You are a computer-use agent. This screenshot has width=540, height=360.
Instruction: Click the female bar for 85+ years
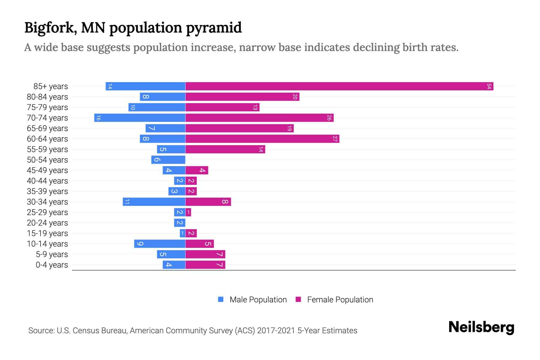pyautogui.click(x=339, y=86)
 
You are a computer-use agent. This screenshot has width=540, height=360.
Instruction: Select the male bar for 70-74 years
pyautogui.click(x=140, y=118)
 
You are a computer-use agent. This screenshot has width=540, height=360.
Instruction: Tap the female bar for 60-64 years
pyautogui.click(x=262, y=139)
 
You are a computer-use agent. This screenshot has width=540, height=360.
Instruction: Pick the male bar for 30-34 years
pyautogui.click(x=154, y=202)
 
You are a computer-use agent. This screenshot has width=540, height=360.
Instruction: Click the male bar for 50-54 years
pyautogui.click(x=168, y=160)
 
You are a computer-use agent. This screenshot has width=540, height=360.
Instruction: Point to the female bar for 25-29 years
pyautogui.click(x=188, y=212)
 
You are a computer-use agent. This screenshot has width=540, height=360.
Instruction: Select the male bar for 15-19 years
pyautogui.click(x=182, y=233)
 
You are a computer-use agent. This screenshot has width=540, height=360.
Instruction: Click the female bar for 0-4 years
pyautogui.click(x=205, y=265)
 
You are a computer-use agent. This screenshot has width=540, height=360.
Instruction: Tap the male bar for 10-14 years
pyautogui.click(x=160, y=244)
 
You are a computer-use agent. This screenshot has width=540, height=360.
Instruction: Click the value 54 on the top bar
pyautogui.click(x=489, y=86)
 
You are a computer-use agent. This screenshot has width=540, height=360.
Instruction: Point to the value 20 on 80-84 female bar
pyautogui.click(x=295, y=97)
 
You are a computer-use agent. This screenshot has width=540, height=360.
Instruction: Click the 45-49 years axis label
pyautogui.click(x=47, y=170)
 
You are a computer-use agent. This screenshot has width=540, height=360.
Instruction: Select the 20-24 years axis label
pyautogui.click(x=47, y=223)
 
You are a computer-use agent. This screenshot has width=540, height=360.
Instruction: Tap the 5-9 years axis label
pyautogui.click(x=52, y=254)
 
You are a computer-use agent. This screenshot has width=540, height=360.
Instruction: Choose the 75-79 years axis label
pyautogui.click(x=47, y=107)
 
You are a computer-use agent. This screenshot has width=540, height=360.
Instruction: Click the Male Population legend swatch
pyautogui.click(x=221, y=299)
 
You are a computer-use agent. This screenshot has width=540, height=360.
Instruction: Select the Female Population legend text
pyautogui.click(x=340, y=300)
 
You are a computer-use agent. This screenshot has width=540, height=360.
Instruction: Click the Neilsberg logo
pyautogui.click(x=481, y=327)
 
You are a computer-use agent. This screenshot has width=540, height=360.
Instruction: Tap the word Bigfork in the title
pyautogui.click(x=49, y=28)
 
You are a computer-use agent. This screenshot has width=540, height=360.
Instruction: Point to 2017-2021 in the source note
pyautogui.click(x=276, y=331)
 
